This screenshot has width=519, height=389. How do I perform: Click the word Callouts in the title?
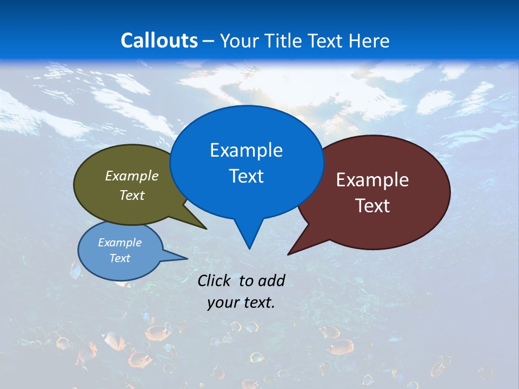159,41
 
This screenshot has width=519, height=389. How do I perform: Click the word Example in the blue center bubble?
246,150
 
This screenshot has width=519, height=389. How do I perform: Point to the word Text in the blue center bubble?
246,176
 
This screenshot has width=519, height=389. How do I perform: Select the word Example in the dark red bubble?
372,180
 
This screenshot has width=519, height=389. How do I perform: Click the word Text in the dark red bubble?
372,206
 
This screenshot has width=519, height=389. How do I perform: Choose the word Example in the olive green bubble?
132,176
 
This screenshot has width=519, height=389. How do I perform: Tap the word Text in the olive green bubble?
132,195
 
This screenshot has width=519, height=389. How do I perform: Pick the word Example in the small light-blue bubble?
120,243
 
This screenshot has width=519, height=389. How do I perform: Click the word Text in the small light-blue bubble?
120,258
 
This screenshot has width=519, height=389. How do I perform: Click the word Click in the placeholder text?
214,280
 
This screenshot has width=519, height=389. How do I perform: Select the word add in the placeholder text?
271,280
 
